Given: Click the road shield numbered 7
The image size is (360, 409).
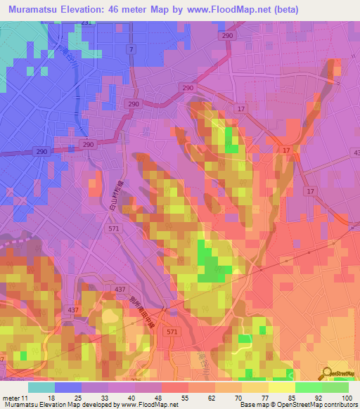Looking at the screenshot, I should coord(131,48).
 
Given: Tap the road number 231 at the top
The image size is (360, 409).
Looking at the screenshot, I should coord(86,23).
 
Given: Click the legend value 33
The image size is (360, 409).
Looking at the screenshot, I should coord(109,396).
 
